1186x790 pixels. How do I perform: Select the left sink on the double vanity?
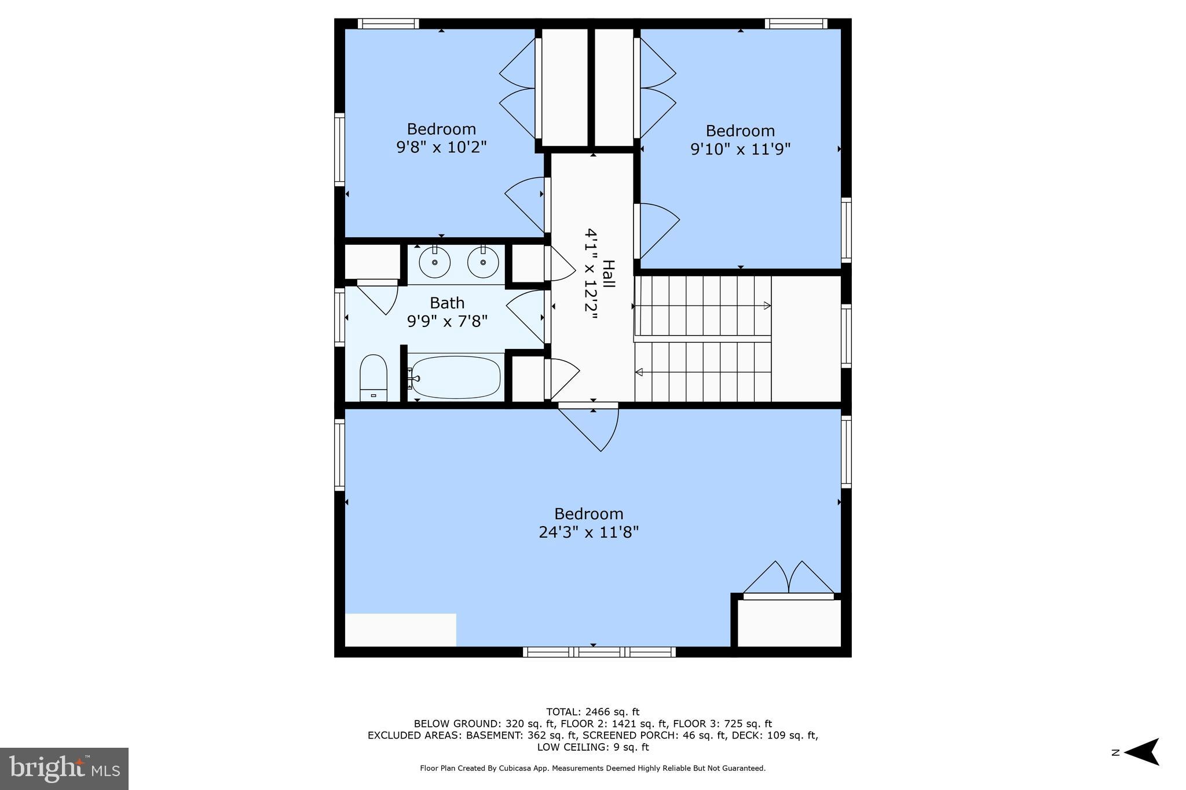(x=434, y=262)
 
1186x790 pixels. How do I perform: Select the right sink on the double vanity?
(x=483, y=262)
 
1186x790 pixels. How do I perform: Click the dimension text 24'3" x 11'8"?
(x=588, y=532)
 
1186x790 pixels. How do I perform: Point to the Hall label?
(x=608, y=274)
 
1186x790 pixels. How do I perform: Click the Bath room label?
(x=446, y=303)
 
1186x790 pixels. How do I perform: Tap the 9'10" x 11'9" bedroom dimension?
(x=740, y=149)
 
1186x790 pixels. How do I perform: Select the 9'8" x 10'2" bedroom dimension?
(x=441, y=147)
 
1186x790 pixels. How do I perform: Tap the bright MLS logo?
(x=64, y=769)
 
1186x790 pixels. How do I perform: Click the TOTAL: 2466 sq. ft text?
(x=592, y=712)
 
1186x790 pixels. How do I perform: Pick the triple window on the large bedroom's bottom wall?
(x=599, y=652)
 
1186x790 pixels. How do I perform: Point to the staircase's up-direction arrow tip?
(x=767, y=306)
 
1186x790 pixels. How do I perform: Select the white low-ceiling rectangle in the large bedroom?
(x=400, y=630)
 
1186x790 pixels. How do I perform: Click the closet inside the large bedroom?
(x=789, y=623)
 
